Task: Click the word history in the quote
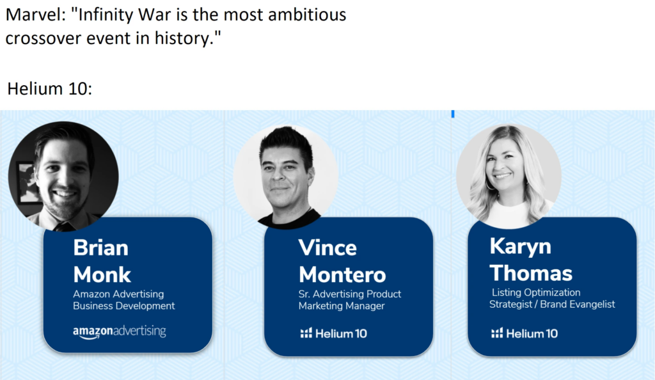(x=184, y=38)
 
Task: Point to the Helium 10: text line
(x=50, y=88)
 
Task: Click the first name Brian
(x=100, y=248)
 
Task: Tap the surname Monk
(x=102, y=275)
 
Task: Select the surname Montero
(x=342, y=275)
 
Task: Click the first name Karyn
(x=520, y=246)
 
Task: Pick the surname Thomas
(x=531, y=273)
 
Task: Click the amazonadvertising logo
(x=120, y=331)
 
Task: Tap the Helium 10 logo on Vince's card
(x=333, y=333)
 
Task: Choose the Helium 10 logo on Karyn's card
(x=525, y=333)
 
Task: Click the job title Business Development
(x=123, y=306)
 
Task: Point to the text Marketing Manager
(x=342, y=306)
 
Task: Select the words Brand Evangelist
(x=578, y=304)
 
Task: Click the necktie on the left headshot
(x=63, y=226)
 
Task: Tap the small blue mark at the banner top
(x=453, y=114)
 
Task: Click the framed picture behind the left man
(x=26, y=183)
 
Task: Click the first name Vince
(x=327, y=248)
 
